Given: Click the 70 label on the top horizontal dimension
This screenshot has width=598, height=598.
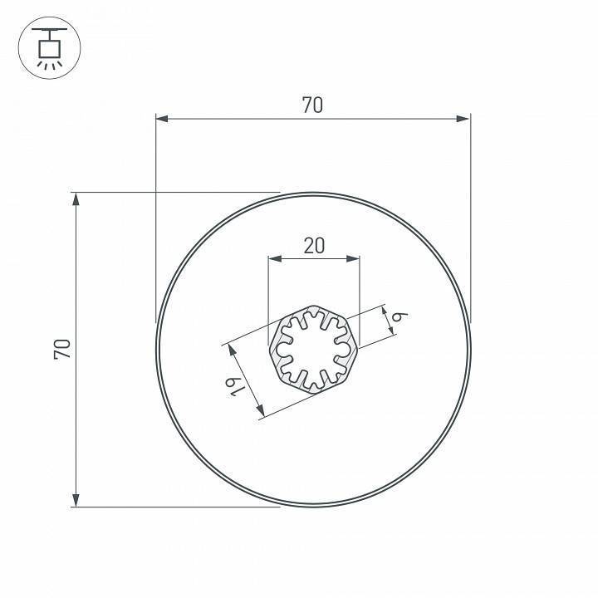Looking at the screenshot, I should (312, 105).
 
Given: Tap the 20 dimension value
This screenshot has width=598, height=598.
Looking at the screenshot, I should (314, 245).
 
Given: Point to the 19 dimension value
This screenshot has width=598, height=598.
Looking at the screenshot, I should (235, 386).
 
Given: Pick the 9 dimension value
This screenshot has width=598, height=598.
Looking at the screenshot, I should (399, 316).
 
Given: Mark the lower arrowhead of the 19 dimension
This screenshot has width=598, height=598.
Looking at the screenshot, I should (261, 412).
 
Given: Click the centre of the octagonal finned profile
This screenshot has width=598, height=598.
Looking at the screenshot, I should (313, 349).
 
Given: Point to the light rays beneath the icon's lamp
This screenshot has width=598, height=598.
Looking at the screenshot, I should (48, 65).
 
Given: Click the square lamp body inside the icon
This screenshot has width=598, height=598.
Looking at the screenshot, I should (48, 50).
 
